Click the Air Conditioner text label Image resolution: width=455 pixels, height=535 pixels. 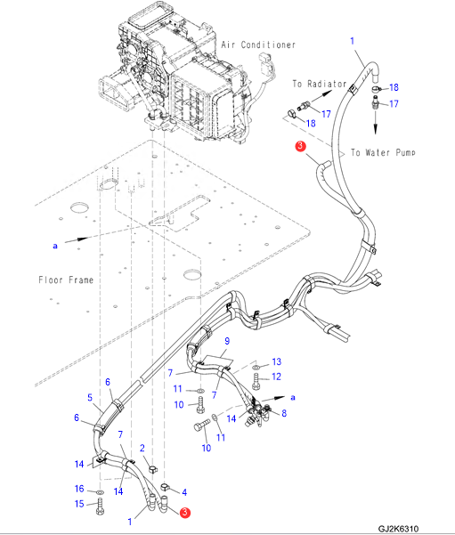pyautogui.click(x=258, y=45)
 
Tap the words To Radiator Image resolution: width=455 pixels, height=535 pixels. pyautogui.click(x=320, y=84)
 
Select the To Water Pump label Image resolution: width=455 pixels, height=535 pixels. pyautogui.click(x=383, y=152)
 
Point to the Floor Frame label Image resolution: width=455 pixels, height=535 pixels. pyautogui.click(x=66, y=280)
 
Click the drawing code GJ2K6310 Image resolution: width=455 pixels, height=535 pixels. pyautogui.click(x=398, y=529)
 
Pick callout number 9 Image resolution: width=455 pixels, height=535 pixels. pyautogui.click(x=227, y=341)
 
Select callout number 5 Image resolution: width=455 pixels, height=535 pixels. pyautogui.click(x=90, y=398)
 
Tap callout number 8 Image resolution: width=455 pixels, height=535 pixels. pyautogui.click(x=284, y=413)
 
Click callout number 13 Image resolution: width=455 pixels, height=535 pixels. pyautogui.click(x=277, y=361)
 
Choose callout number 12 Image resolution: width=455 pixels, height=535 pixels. pyautogui.click(x=277, y=377)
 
